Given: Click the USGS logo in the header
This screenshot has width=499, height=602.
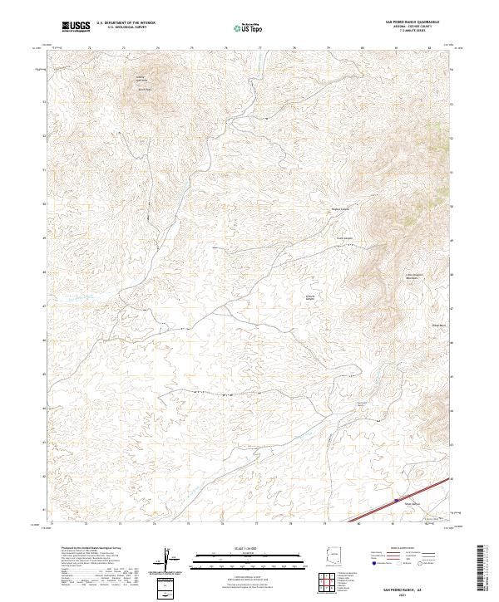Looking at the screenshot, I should [77, 27].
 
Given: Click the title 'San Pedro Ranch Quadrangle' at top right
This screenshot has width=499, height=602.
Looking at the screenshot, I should [411, 22].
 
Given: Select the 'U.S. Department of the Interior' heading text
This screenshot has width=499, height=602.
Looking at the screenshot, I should [125, 23].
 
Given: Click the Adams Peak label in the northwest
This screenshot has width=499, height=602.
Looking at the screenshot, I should [144, 88].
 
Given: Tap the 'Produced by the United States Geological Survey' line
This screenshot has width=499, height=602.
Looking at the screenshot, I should [91, 549].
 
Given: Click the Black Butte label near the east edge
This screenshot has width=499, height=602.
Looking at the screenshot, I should [438, 325].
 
